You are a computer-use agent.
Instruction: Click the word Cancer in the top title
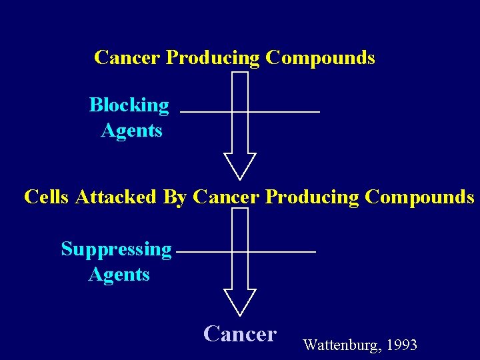pyautogui.click(x=127, y=58)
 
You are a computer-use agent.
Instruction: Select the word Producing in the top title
pyautogui.click(x=213, y=58)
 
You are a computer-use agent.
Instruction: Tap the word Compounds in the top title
pyautogui.click(x=320, y=58)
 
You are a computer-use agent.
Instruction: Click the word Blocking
pyautogui.click(x=129, y=105)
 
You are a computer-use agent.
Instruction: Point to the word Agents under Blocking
pyautogui.click(x=131, y=130)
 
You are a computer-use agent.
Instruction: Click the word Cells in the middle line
pyautogui.click(x=47, y=197)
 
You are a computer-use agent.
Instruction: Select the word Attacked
pyautogui.click(x=116, y=197)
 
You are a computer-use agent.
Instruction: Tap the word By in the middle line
pyautogui.click(x=175, y=197)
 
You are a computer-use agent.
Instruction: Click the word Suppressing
pyautogui.click(x=117, y=249)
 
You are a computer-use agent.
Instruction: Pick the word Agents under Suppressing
pyautogui.click(x=119, y=274)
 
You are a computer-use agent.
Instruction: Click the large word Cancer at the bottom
pyautogui.click(x=240, y=333)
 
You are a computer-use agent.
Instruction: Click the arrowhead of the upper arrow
pyautogui.click(x=240, y=166)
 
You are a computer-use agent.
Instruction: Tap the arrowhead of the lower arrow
pyautogui.click(x=240, y=301)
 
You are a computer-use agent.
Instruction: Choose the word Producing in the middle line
pyautogui.click(x=312, y=197)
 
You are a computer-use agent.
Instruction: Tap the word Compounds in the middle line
pyautogui.click(x=420, y=197)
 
